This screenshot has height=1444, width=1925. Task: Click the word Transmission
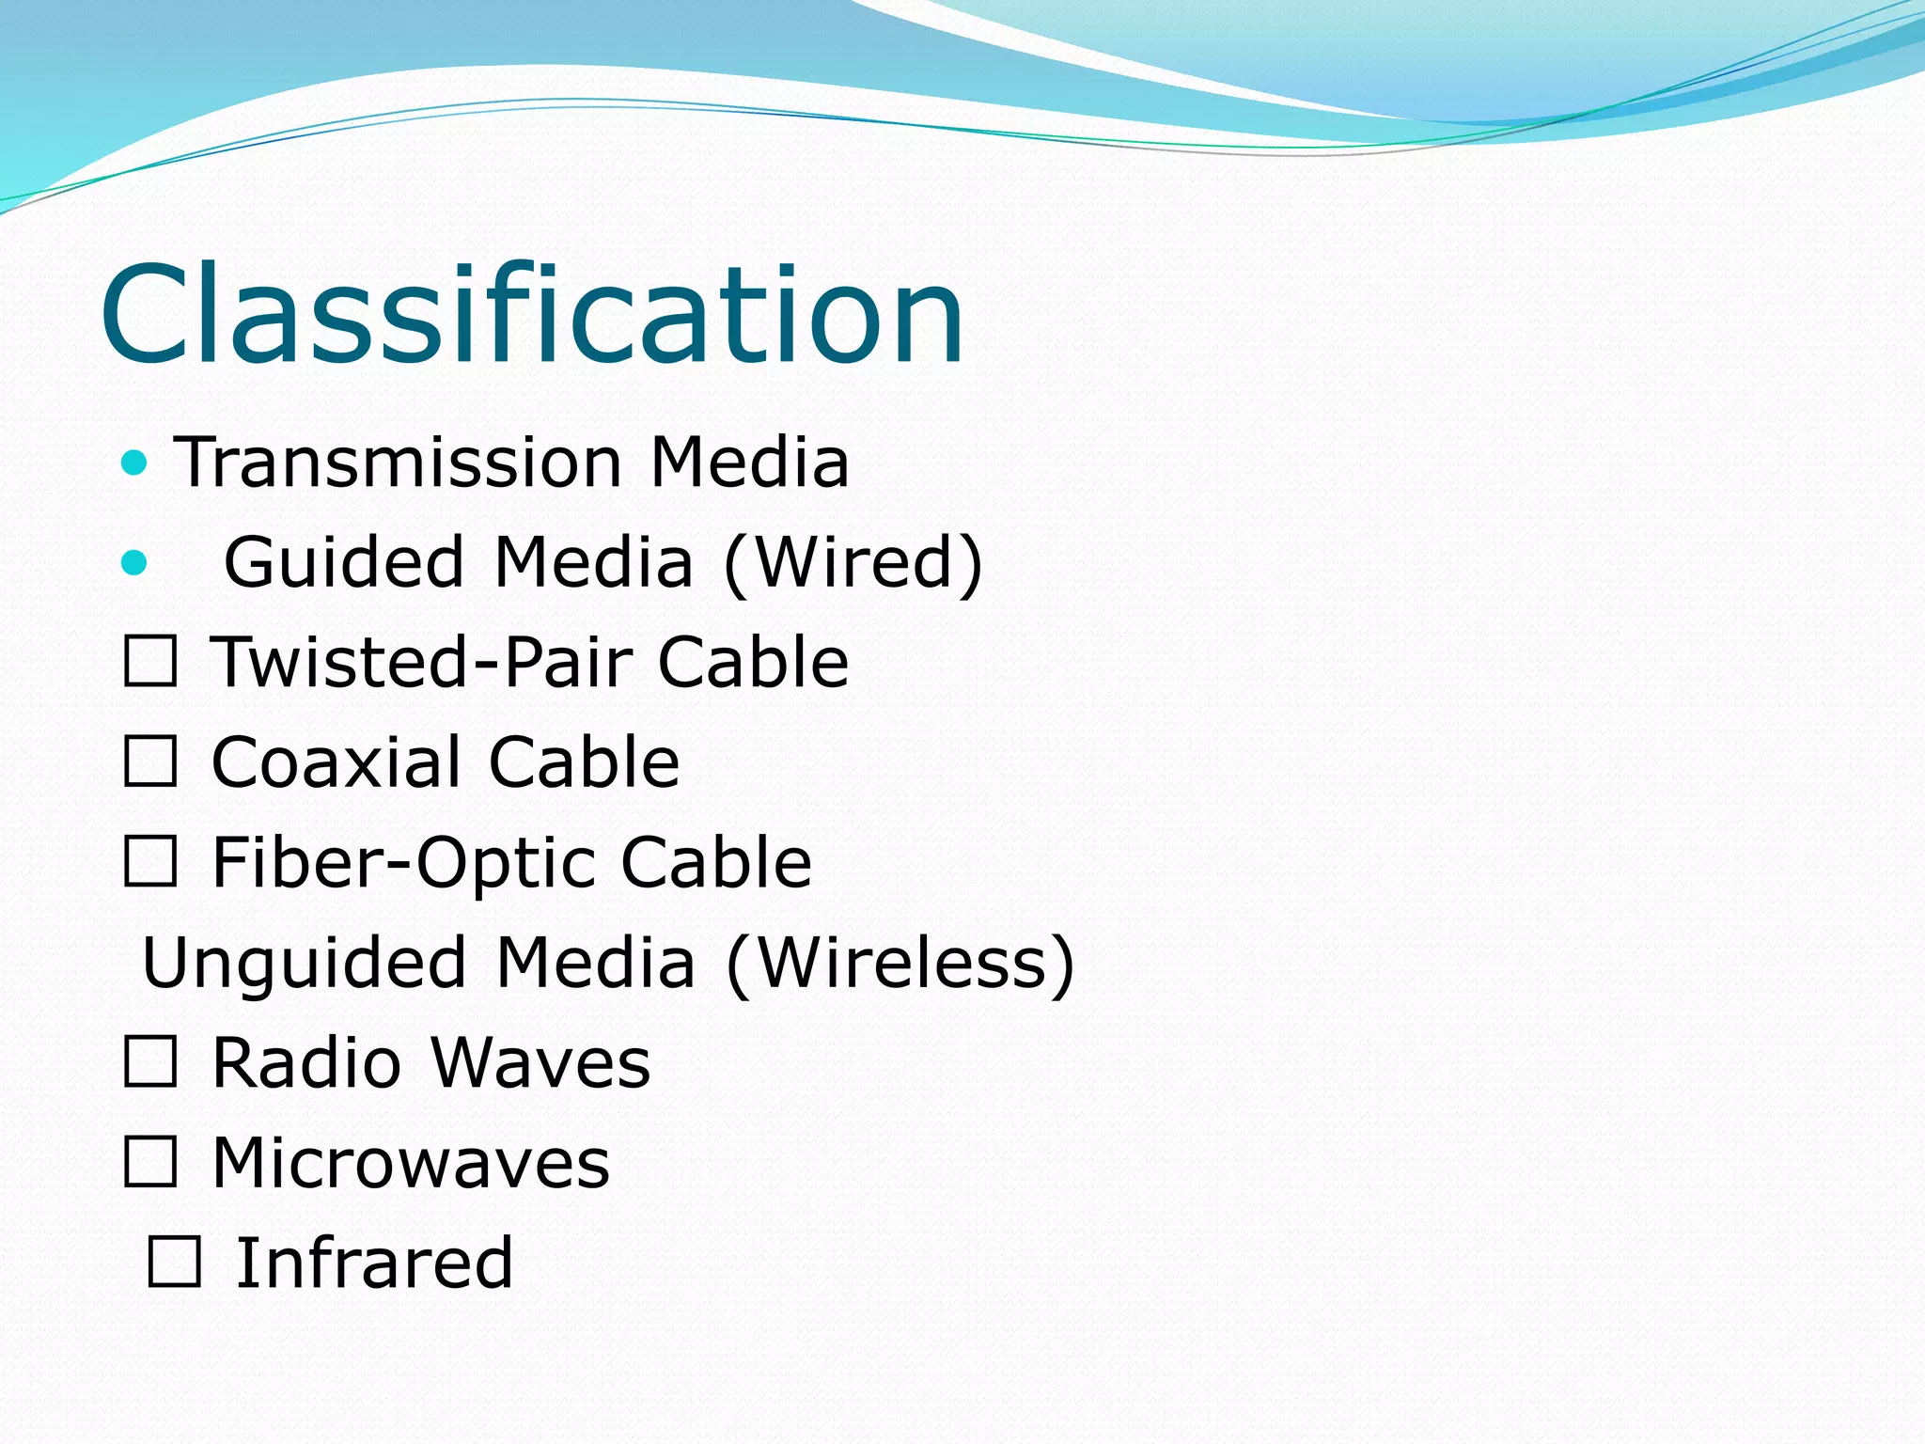399,463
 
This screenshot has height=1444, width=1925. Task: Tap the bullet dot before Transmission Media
135,463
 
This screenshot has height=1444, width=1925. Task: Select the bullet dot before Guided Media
135,562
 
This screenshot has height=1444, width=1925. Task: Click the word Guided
344,562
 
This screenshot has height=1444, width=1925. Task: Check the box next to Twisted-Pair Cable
150,662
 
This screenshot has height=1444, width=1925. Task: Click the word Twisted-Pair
422,662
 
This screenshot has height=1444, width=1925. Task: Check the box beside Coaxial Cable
150,761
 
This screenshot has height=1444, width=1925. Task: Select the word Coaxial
337,761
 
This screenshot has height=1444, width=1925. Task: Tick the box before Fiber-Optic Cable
150,862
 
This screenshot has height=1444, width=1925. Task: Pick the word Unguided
305,963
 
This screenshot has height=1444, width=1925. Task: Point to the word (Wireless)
900,963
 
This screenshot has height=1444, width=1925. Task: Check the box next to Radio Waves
150,1062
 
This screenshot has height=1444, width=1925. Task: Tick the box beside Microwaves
150,1163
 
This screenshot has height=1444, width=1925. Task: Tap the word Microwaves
411,1163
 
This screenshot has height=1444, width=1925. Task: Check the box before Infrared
174,1263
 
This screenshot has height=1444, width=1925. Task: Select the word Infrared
374,1263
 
